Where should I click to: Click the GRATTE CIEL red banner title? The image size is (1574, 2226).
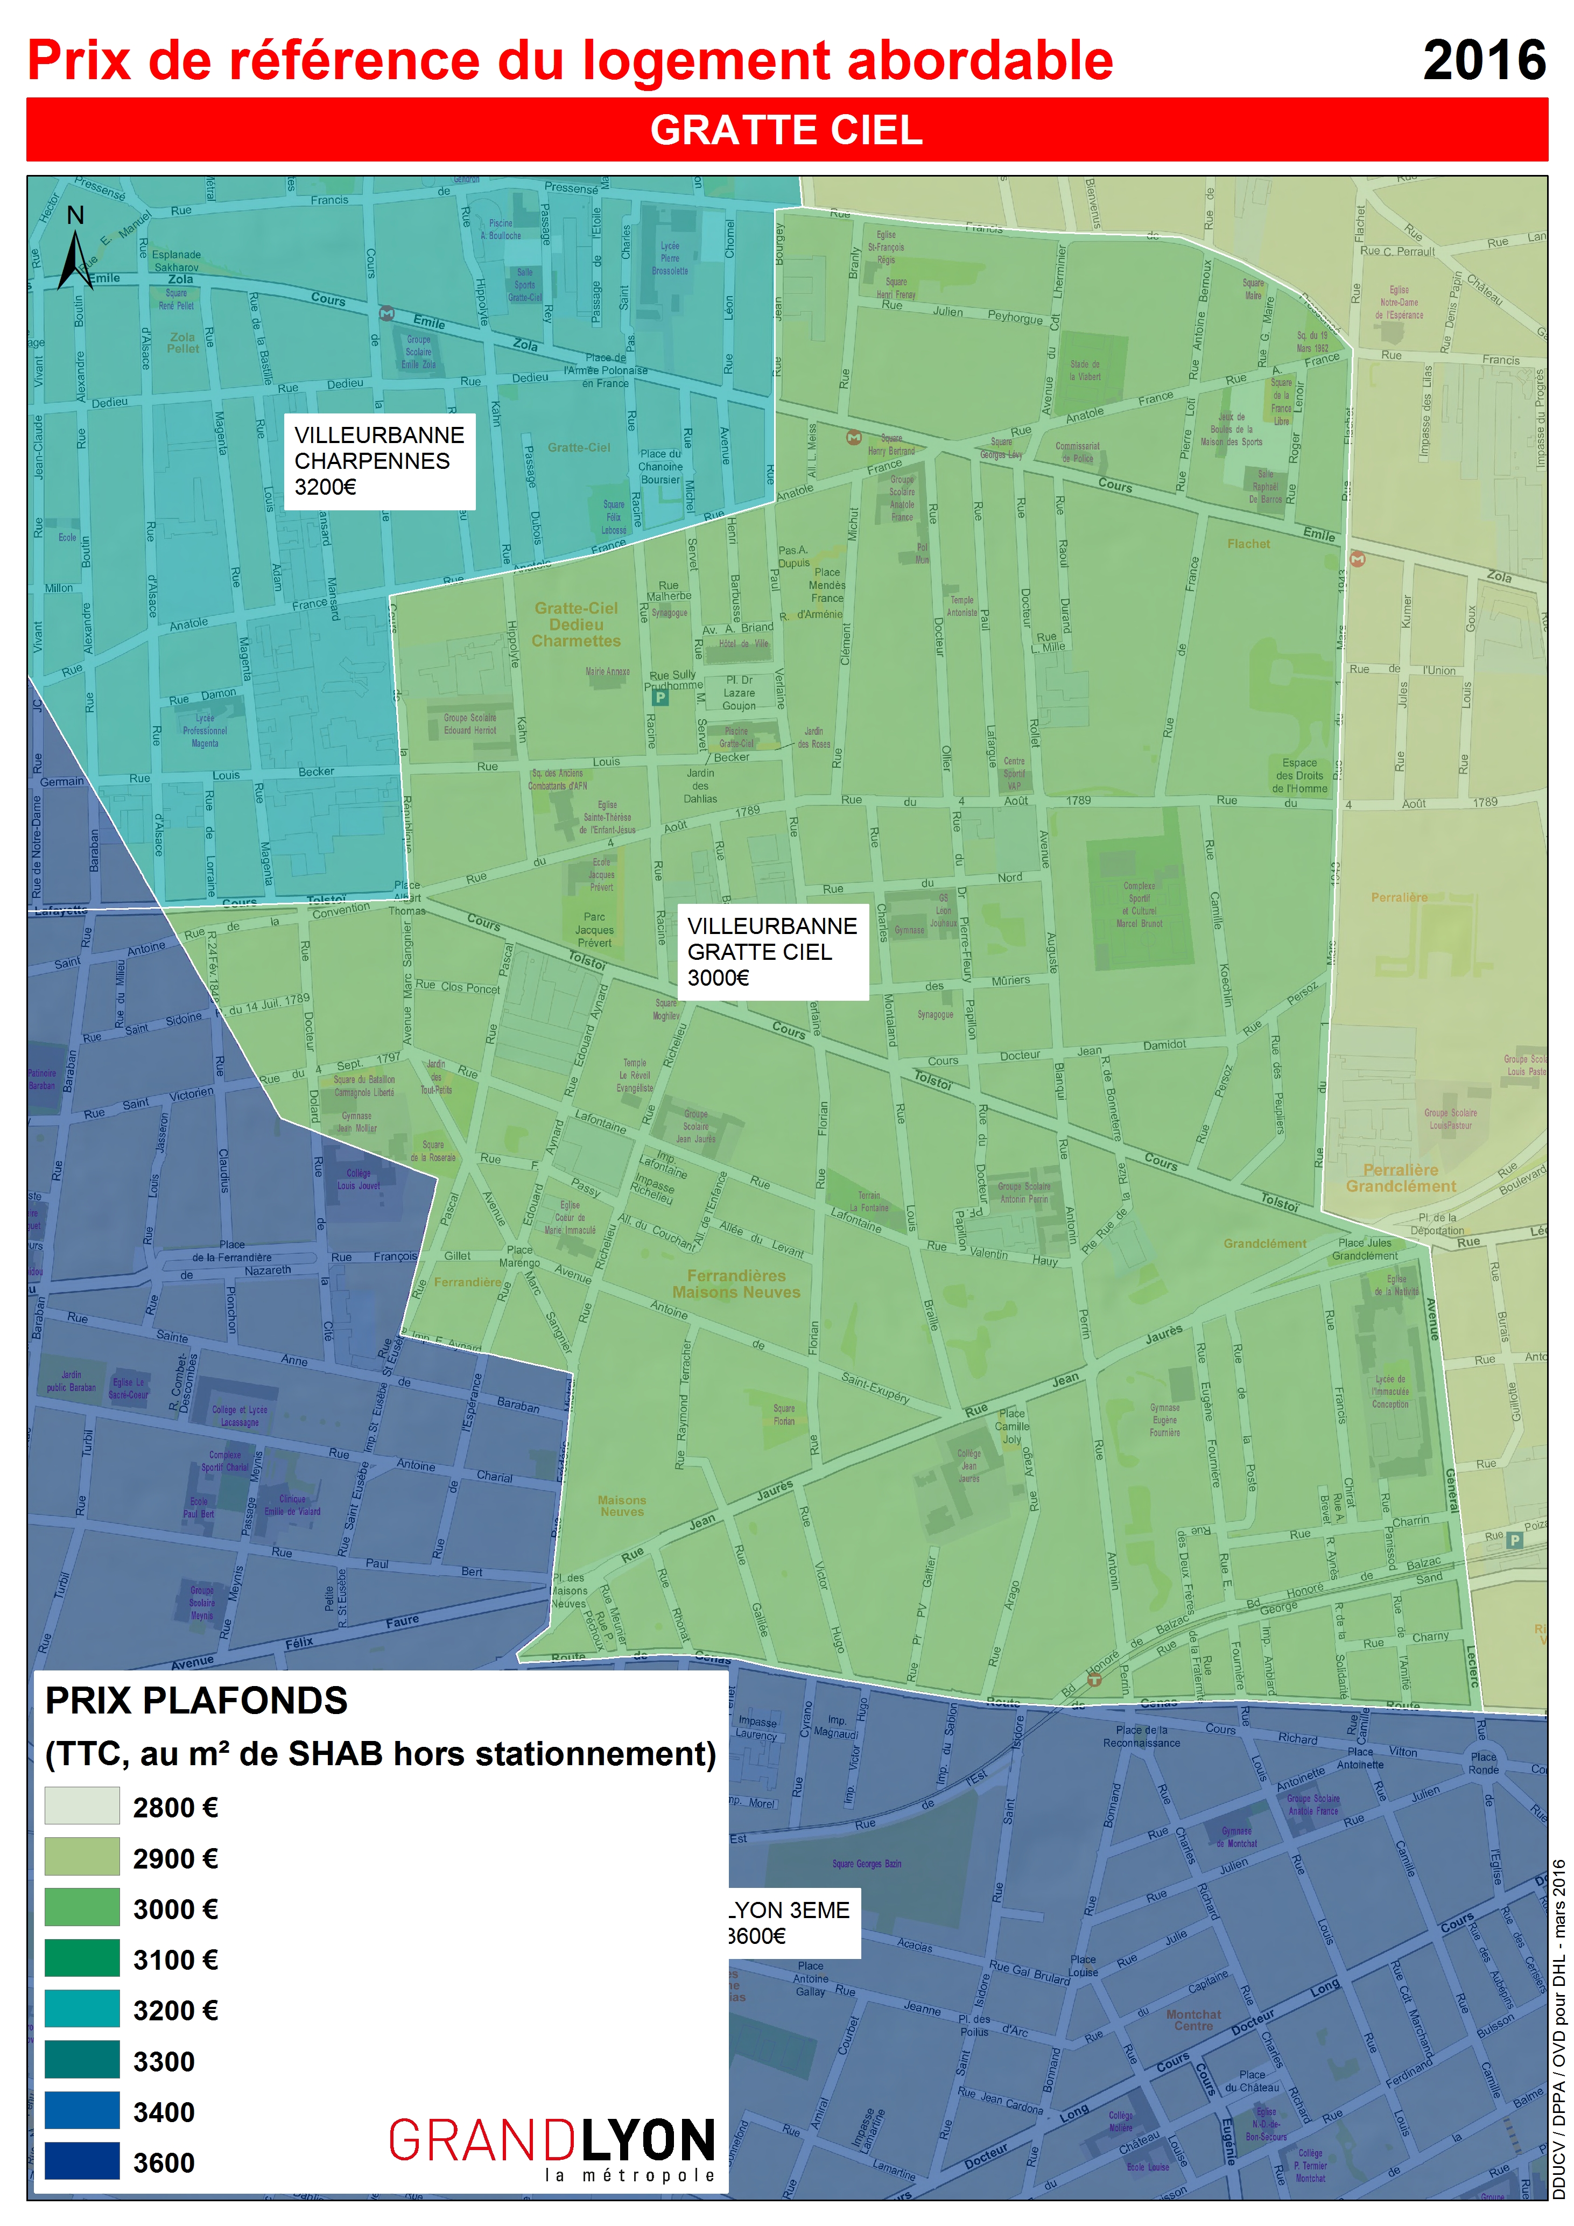pyautogui.click(x=786, y=130)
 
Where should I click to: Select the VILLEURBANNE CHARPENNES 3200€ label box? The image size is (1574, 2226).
pyautogui.click(x=379, y=461)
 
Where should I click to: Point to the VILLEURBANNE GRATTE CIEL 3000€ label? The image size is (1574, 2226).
pyautogui.click(x=772, y=952)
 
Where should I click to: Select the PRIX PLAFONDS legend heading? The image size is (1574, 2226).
pyautogui.click(x=197, y=1701)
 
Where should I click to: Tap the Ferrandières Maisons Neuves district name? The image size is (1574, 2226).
pyautogui.click(x=736, y=1283)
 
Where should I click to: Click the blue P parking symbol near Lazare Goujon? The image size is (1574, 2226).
pyautogui.click(x=660, y=697)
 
